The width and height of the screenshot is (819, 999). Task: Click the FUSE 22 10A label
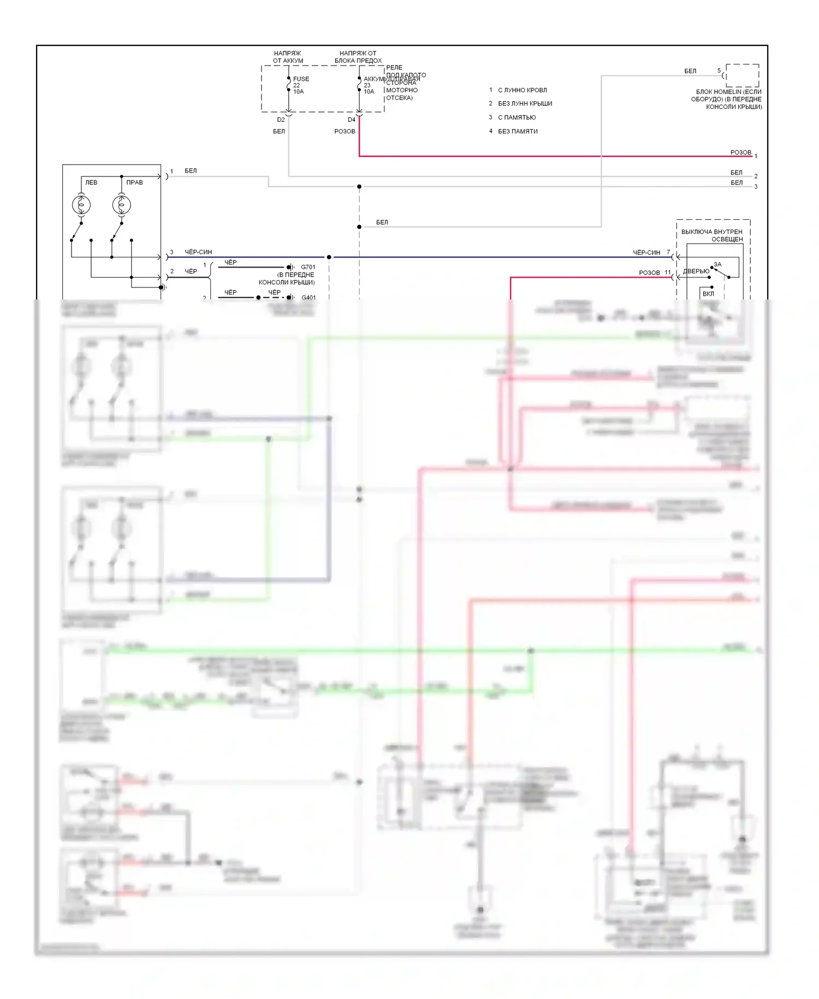pyautogui.click(x=300, y=85)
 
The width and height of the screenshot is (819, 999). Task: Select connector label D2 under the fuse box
pyautogui.click(x=281, y=120)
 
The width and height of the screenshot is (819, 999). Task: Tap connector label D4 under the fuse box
pyautogui.click(x=352, y=120)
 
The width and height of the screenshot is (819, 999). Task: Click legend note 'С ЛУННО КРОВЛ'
pyautogui.click(x=522, y=90)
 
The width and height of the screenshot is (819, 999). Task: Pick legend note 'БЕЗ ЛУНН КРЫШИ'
pyautogui.click(x=525, y=104)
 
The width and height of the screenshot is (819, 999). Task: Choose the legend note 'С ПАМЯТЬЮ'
pyautogui.click(x=517, y=117)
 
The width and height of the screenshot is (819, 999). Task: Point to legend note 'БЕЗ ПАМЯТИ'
pyautogui.click(x=518, y=131)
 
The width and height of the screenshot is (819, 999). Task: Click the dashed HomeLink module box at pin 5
pyautogui.click(x=742, y=75)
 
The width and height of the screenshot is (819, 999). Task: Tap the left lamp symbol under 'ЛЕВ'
pyautogui.click(x=81, y=205)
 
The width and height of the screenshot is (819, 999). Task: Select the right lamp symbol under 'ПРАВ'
pyautogui.click(x=121, y=205)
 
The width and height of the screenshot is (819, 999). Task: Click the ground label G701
pyautogui.click(x=308, y=267)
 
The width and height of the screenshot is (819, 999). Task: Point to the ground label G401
pyautogui.click(x=308, y=297)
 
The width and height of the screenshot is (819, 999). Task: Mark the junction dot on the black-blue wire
pyautogui.click(x=329, y=257)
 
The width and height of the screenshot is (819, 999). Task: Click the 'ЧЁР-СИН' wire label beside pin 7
pyautogui.click(x=646, y=252)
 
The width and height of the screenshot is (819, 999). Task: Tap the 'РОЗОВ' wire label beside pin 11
pyautogui.click(x=649, y=273)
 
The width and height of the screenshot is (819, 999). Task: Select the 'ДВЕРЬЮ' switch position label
pyautogui.click(x=696, y=271)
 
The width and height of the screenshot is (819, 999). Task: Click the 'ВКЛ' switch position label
pyautogui.click(x=708, y=293)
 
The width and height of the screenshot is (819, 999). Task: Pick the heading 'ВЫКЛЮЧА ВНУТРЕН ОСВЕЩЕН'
pyautogui.click(x=712, y=236)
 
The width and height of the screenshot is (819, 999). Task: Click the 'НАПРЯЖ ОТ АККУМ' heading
pyautogui.click(x=288, y=57)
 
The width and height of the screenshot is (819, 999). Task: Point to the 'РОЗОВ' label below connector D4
pyautogui.click(x=345, y=131)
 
